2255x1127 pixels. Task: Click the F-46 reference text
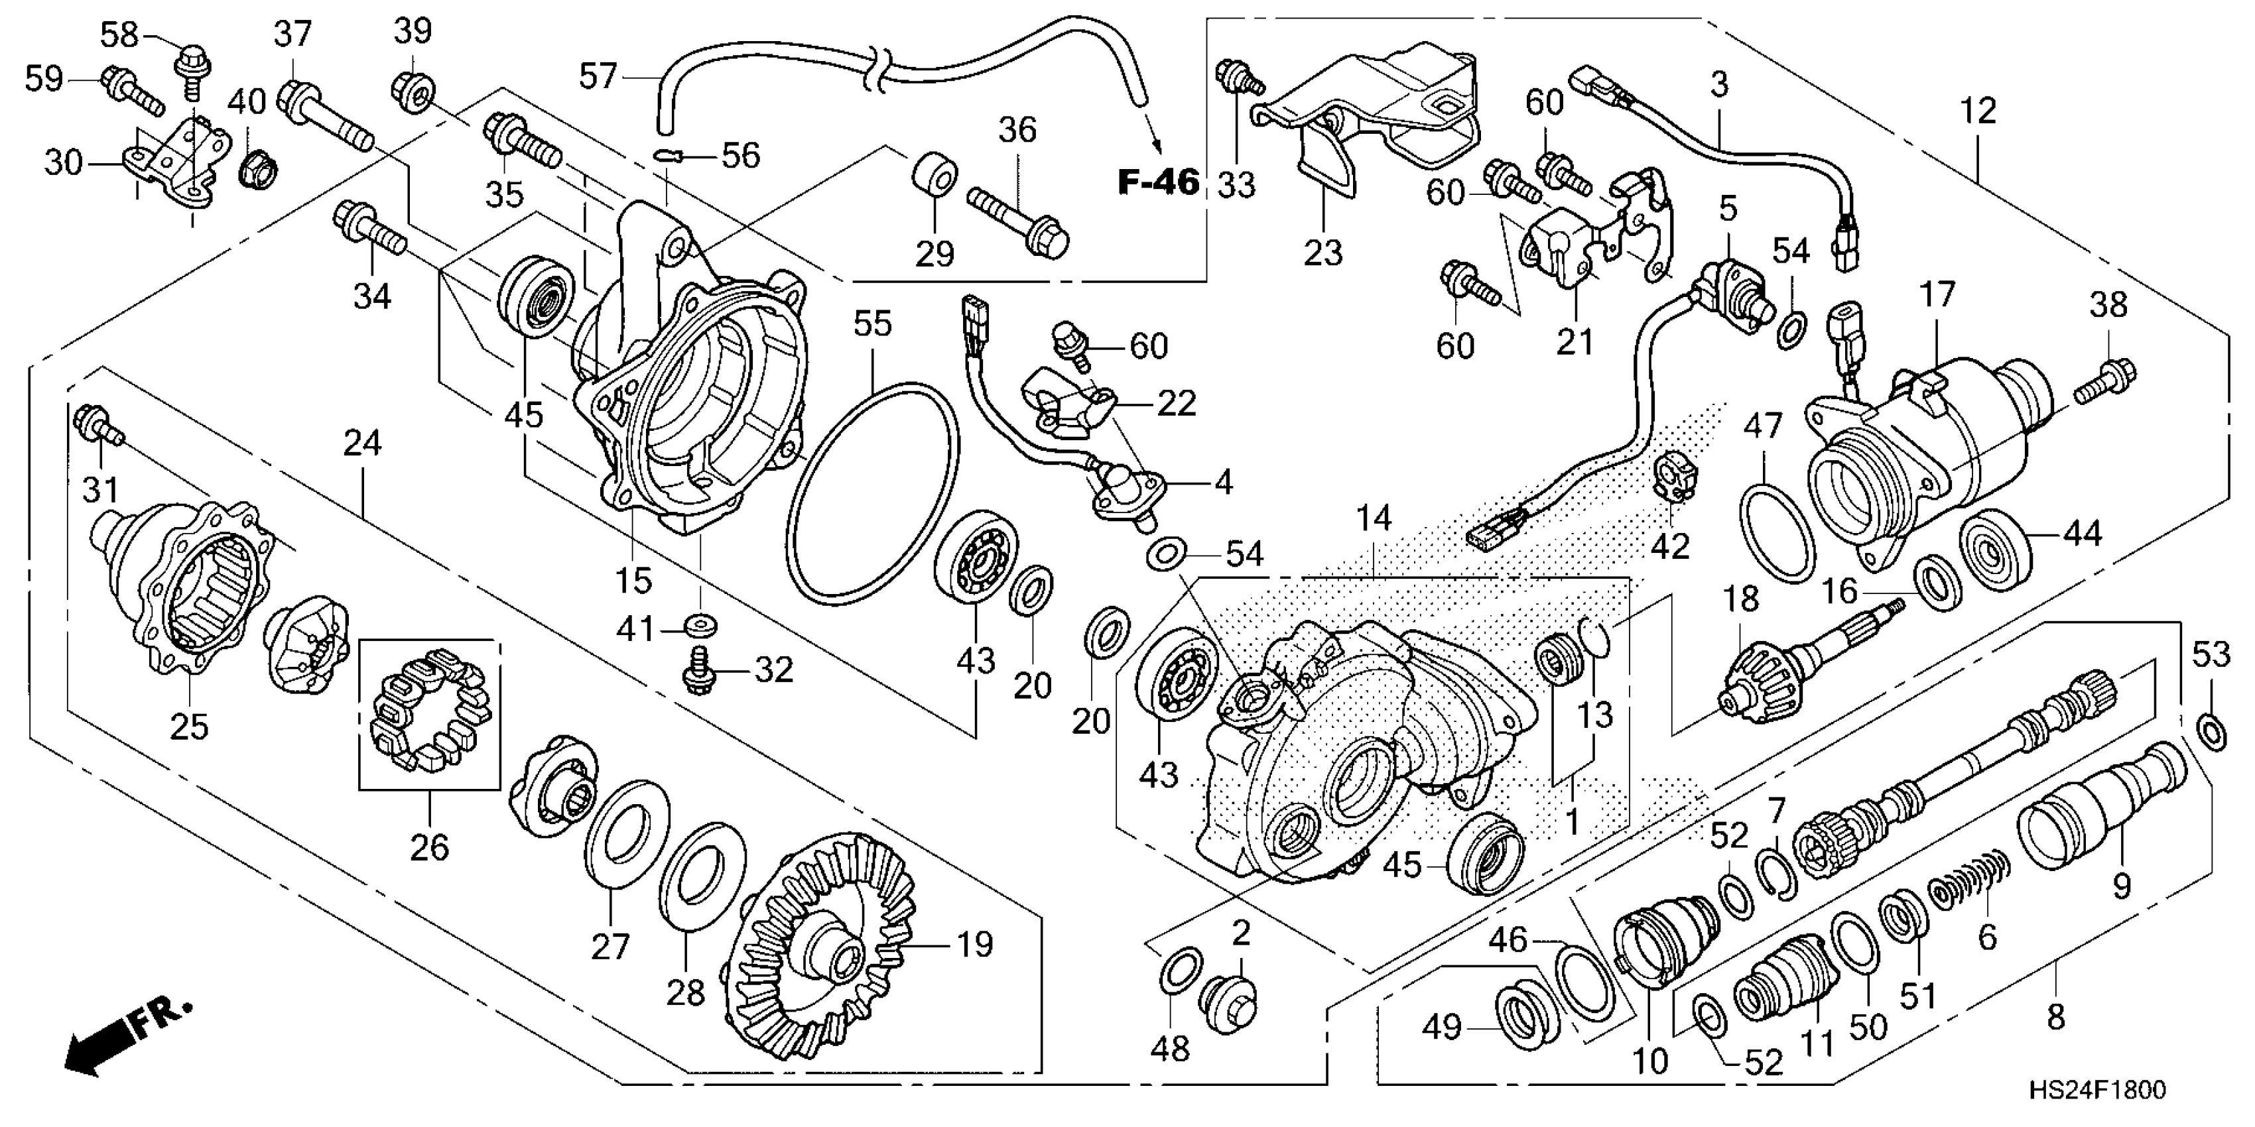tap(1158, 183)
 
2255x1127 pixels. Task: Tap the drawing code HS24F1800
tap(2097, 1089)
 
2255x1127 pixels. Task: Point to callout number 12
tap(1978, 111)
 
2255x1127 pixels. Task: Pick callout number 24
tap(362, 444)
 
